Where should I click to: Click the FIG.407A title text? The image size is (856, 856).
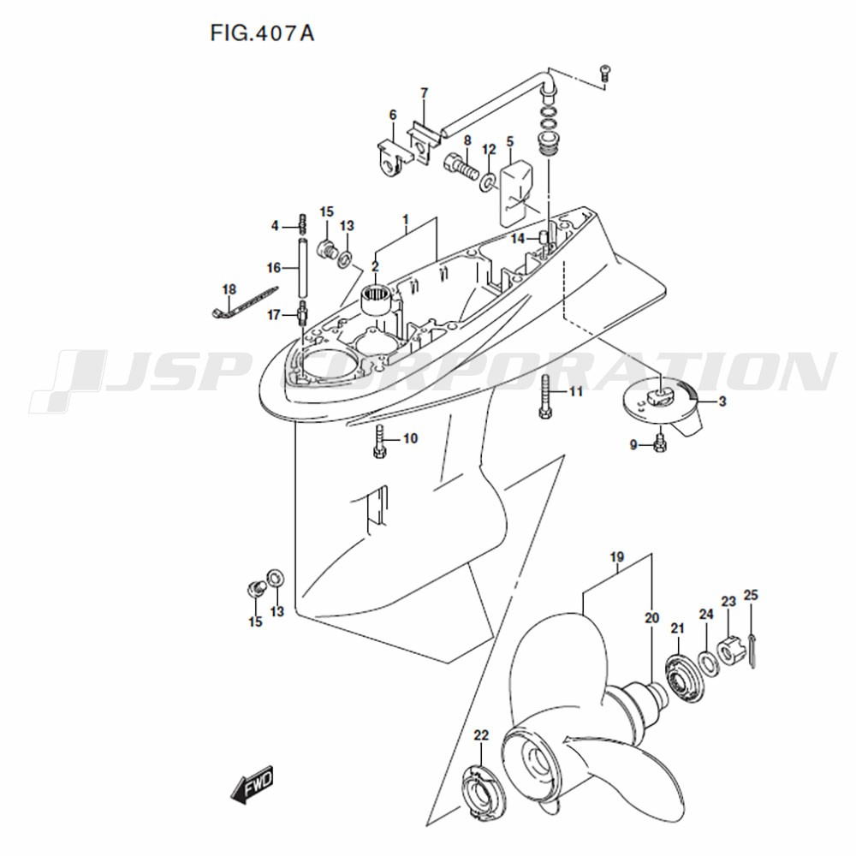click(262, 33)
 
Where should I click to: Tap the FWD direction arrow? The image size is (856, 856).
click(252, 786)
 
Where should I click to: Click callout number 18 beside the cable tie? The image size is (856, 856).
click(229, 288)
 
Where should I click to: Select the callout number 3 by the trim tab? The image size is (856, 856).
click(722, 401)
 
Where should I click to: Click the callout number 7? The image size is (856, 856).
click(425, 93)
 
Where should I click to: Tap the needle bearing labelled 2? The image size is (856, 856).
click(376, 300)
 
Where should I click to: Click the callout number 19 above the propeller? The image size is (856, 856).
click(617, 557)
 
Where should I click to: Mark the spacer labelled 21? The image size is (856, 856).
click(684, 679)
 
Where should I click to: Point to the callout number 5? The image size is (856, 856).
click(510, 141)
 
